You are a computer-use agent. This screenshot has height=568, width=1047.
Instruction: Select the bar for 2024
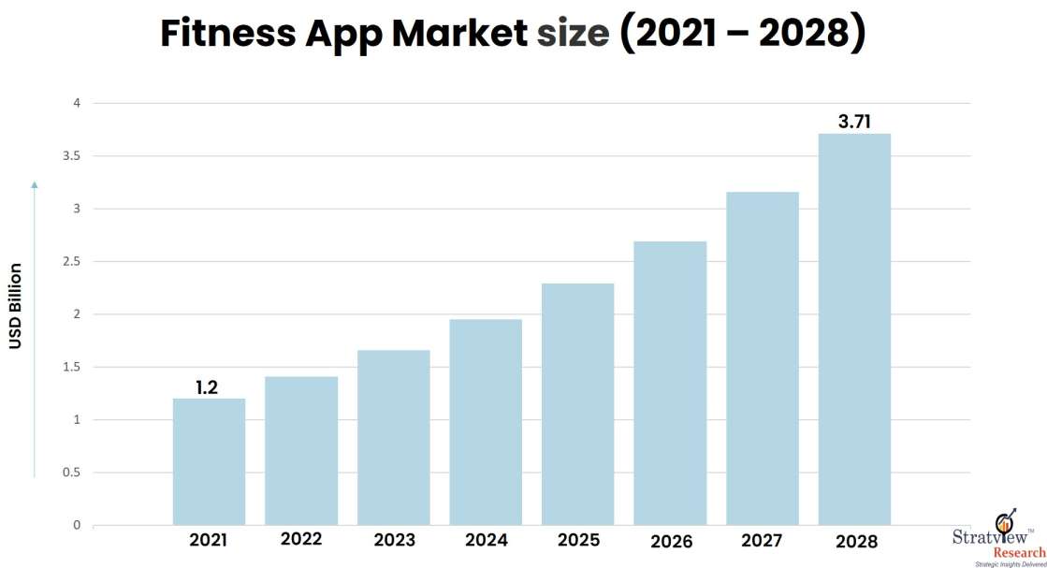point(486,422)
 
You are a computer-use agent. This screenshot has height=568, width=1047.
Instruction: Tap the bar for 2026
point(670,383)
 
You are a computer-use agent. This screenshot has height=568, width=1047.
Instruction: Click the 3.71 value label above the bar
point(854,121)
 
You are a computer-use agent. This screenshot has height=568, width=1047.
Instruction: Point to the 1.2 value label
point(207,386)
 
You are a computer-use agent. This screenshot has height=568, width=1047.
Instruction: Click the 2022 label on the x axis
point(300,539)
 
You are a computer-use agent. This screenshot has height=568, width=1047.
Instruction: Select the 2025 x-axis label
point(577,540)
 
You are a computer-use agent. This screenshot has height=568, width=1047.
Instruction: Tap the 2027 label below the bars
point(762,540)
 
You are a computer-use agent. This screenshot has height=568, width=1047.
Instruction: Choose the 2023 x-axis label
point(394,540)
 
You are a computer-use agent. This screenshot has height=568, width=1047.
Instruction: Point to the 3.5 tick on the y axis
point(72,156)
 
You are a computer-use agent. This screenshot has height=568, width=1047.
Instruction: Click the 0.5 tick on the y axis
point(72,473)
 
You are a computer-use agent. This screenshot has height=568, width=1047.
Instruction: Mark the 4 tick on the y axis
point(78,103)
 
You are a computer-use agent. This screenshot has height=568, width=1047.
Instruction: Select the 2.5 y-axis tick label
point(72,262)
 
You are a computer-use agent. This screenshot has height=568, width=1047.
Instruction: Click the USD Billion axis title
point(16,306)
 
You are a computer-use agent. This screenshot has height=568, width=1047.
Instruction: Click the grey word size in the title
point(573,34)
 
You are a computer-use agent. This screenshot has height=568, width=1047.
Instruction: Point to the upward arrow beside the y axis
point(35,328)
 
